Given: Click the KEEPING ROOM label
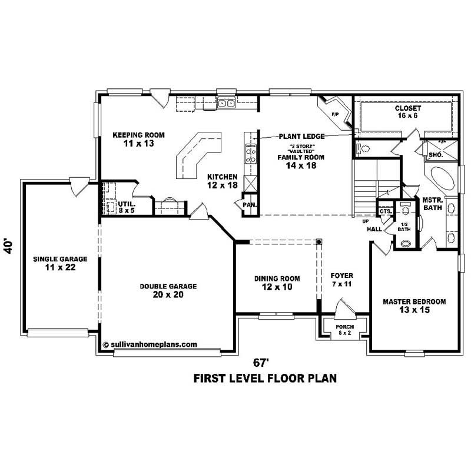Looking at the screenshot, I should [x=138, y=135].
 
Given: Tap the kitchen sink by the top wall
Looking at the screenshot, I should [x=226, y=104].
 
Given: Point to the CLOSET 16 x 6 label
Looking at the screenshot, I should [x=408, y=109].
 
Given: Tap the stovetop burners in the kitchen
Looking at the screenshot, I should [x=250, y=154].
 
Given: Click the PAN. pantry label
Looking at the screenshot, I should [x=247, y=204].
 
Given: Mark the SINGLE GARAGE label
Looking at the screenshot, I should [x=60, y=259].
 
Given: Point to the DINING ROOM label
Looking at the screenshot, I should [x=277, y=278].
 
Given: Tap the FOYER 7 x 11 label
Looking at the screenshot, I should [x=341, y=278].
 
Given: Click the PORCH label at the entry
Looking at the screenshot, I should [x=344, y=327].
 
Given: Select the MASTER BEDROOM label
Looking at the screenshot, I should [x=414, y=301].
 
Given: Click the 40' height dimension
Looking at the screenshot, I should [x=8, y=246].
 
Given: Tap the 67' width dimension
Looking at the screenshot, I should [x=265, y=361].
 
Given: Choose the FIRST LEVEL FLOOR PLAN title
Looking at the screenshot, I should [x=265, y=378].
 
